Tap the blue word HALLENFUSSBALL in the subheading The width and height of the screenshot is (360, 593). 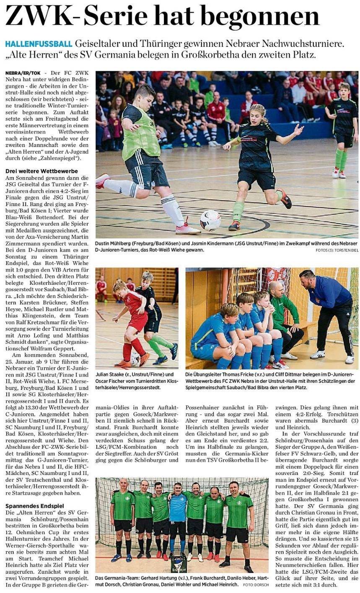click(x=38, y=44)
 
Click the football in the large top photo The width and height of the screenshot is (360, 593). click(x=210, y=220)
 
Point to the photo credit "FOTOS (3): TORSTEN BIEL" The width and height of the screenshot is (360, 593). click(x=337, y=250)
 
